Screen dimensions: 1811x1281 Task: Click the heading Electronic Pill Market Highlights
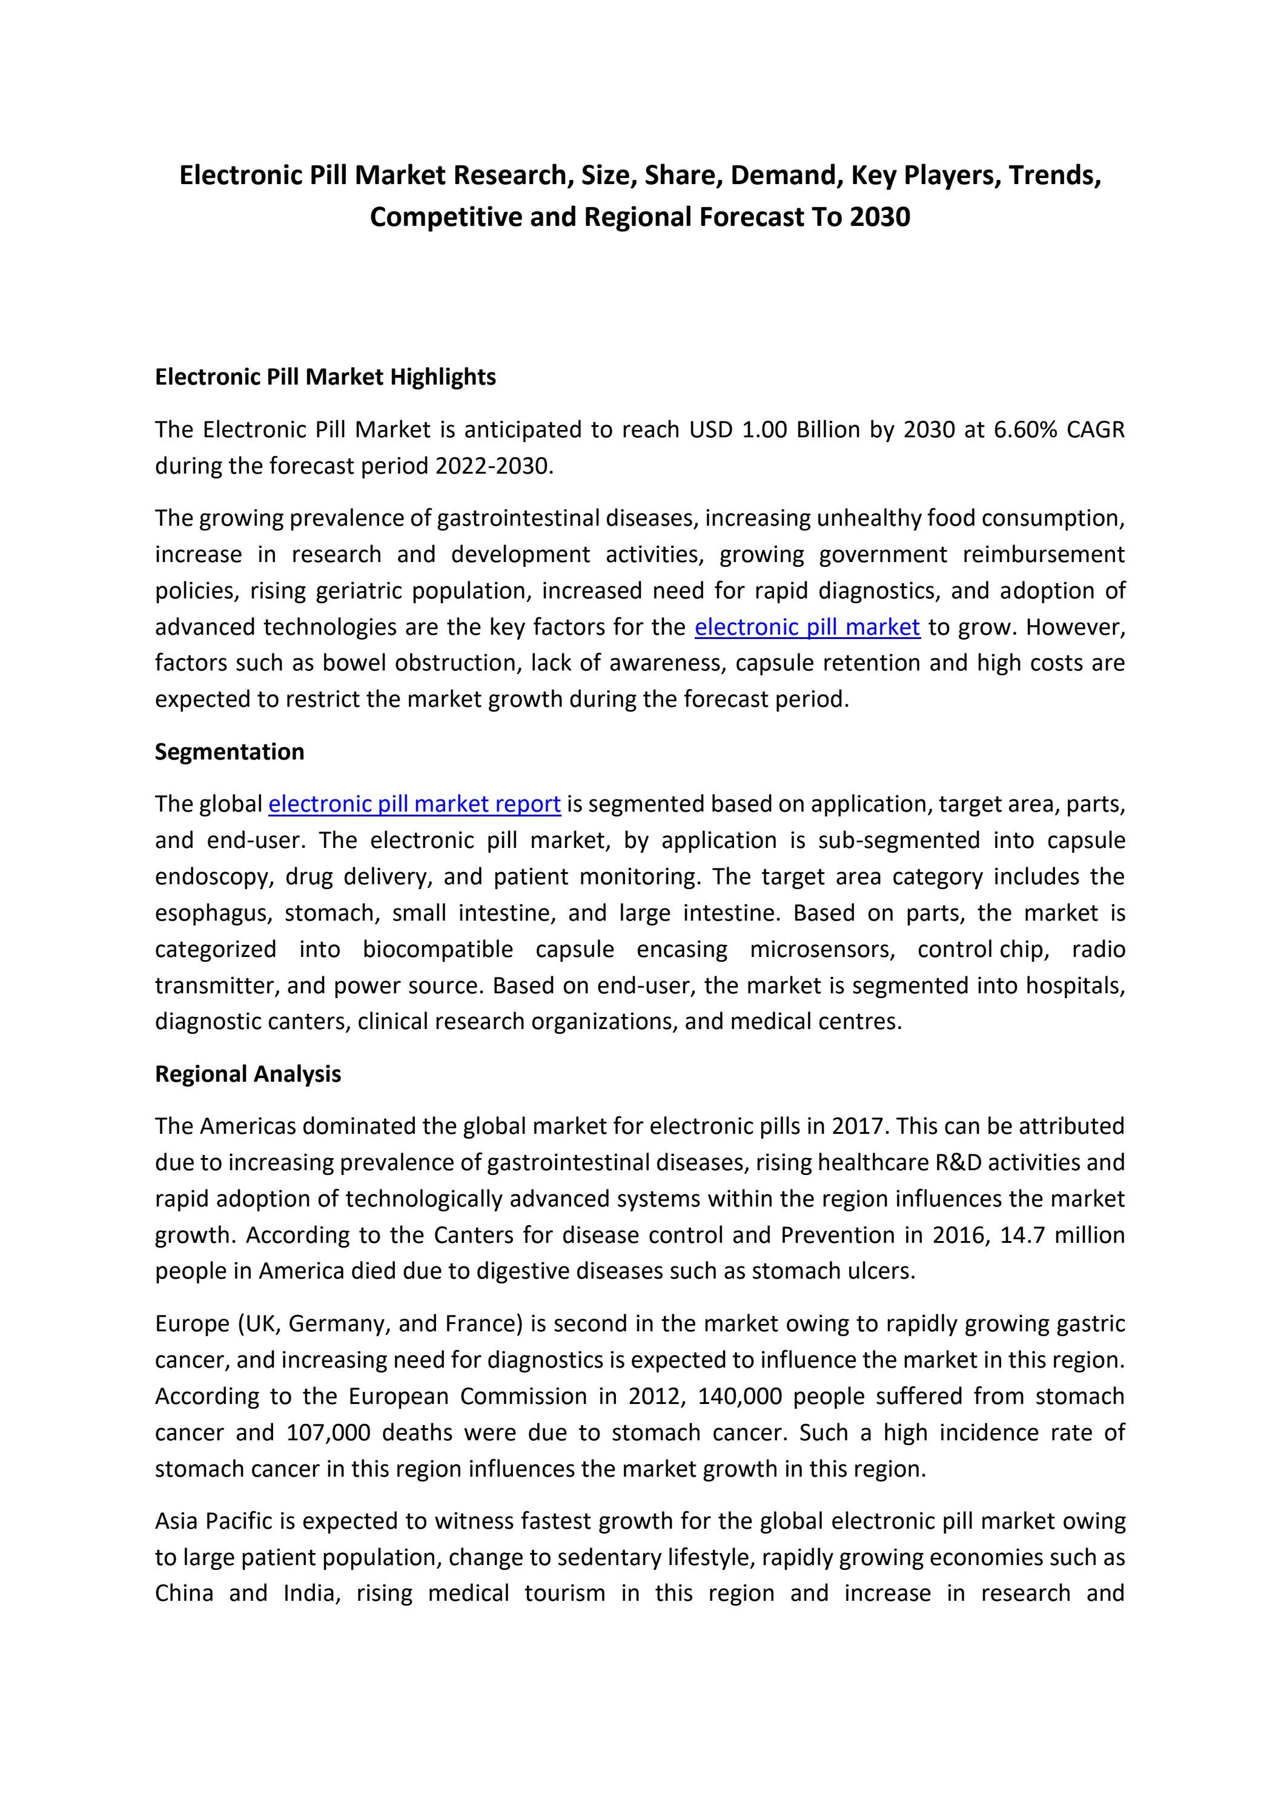coord(325,377)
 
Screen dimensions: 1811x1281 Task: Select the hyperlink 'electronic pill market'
coord(807,627)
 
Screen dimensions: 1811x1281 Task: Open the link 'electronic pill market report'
coord(414,804)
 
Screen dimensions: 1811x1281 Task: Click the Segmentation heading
coord(229,752)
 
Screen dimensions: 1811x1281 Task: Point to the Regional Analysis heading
coord(248,1074)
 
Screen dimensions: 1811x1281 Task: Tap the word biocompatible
coord(438,949)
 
